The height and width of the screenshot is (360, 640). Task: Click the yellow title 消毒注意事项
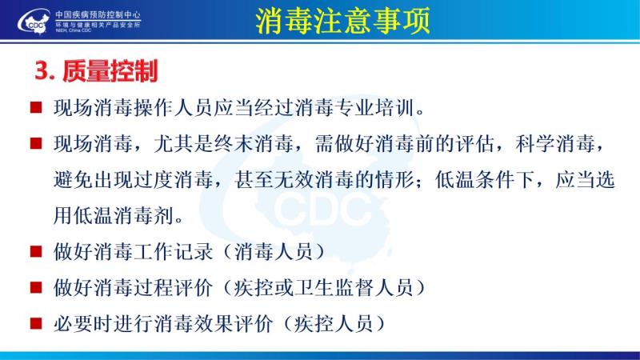pyautogui.click(x=343, y=21)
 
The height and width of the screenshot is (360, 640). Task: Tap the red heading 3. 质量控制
pyautogui.click(x=96, y=71)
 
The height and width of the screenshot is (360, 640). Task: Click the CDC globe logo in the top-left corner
pyautogui.click(x=34, y=22)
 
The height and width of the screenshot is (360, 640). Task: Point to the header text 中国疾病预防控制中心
pyautogui.click(x=98, y=14)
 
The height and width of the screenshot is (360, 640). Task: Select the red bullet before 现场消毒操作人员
pyautogui.click(x=36, y=108)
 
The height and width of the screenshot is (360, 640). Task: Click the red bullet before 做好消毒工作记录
pyautogui.click(x=36, y=251)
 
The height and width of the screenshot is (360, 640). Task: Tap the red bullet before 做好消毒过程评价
pyautogui.click(x=36, y=288)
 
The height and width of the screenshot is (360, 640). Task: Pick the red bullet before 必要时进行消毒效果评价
pyautogui.click(x=36, y=324)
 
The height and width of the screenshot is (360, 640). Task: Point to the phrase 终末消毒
pyautogui.click(x=254, y=144)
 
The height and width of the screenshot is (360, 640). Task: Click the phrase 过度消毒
pyautogui.click(x=174, y=180)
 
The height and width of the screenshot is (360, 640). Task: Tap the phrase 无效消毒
pyautogui.click(x=314, y=180)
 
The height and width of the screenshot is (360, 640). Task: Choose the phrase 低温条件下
pyautogui.click(x=485, y=180)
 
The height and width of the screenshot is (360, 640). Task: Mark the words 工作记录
pyautogui.click(x=174, y=251)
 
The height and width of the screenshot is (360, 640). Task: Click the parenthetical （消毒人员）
pyautogui.click(x=274, y=251)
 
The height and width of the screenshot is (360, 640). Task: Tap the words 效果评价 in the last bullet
pyautogui.click(x=234, y=324)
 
